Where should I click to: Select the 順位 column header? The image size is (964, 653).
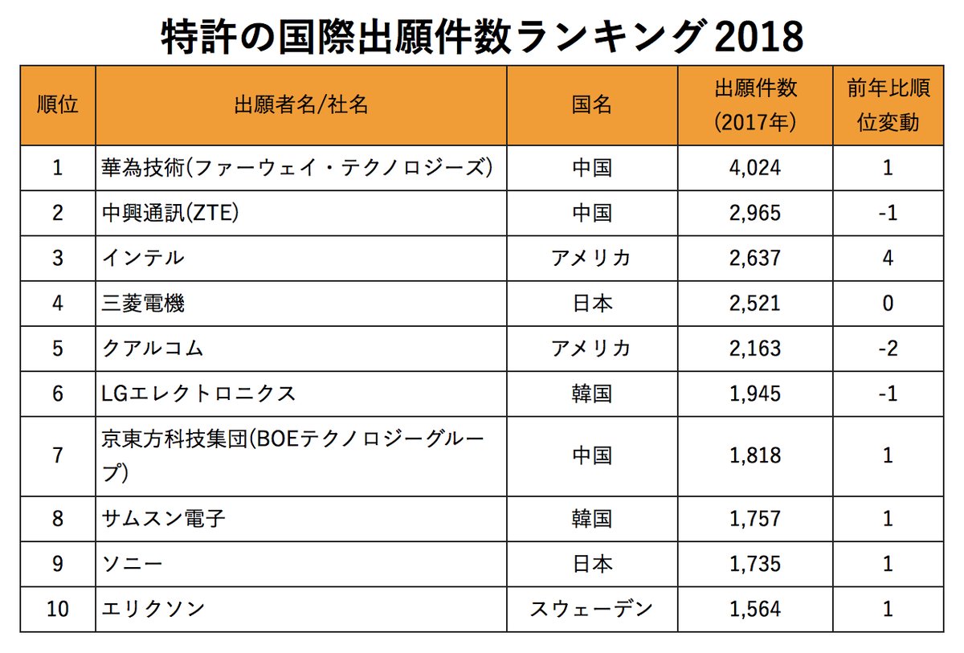[x=57, y=105]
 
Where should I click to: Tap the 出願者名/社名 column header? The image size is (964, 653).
[x=301, y=105]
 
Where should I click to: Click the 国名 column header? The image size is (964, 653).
[x=592, y=105]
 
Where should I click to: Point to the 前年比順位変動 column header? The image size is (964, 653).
[x=888, y=105]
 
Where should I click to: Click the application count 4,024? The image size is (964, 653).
[x=755, y=168]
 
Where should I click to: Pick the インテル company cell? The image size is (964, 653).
[x=143, y=258]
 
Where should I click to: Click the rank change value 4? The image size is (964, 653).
[x=888, y=258]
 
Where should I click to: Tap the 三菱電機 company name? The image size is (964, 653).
[x=143, y=304]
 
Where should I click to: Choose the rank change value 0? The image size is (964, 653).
[x=888, y=304]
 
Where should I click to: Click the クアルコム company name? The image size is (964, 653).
[x=153, y=349]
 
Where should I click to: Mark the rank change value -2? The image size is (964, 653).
[x=888, y=349]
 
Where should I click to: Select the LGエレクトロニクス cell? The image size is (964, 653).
[x=199, y=394]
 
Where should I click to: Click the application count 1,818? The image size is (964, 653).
[x=755, y=455]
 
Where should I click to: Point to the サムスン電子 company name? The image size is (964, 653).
[x=164, y=518]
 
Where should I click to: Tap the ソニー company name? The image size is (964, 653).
[x=133, y=564]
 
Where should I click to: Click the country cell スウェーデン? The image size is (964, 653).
[x=592, y=609]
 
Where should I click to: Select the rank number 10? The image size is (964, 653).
[x=57, y=609]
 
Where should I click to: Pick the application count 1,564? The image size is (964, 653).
[x=755, y=609]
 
